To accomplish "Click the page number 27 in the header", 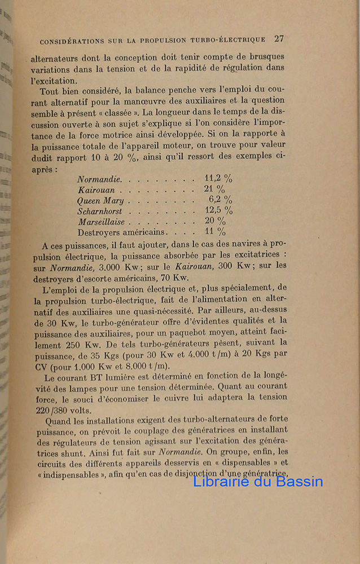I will coord(279,39).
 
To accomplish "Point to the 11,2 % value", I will coord(218,178).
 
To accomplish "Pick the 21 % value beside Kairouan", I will coord(214,190).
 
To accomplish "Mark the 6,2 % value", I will coord(220,200).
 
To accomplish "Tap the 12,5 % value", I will coord(218,210).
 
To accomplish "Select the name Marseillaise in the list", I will coord(102,222).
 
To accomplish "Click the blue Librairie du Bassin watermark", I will coord(258,481).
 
